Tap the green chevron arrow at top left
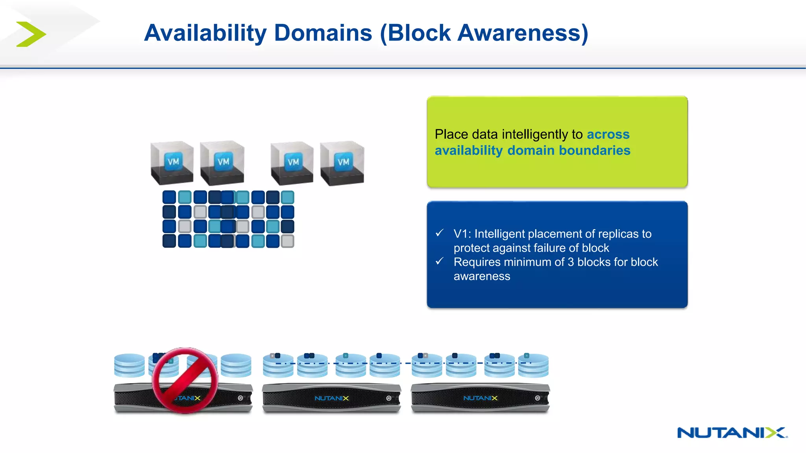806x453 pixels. point(31,34)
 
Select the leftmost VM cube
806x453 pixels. point(172,163)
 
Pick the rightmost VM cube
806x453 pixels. point(342,163)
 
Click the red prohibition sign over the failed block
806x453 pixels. point(185,380)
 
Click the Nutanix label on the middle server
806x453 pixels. point(331,398)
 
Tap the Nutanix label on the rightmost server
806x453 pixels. point(480,398)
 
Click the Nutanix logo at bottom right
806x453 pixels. point(732,433)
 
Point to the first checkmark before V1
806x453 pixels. point(440,233)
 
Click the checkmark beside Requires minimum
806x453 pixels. point(440,261)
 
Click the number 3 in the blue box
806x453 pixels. point(571,262)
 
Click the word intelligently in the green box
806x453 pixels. point(535,134)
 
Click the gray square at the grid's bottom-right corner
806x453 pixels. point(288,241)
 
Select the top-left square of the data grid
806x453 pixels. point(169,197)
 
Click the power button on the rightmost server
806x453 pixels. point(537,398)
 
